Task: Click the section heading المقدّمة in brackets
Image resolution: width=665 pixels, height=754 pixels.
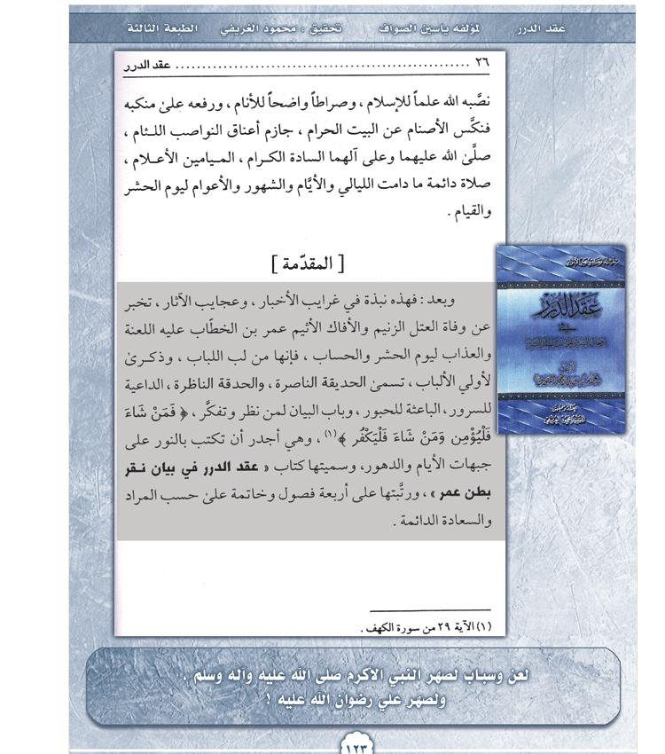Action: click(x=307, y=263)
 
